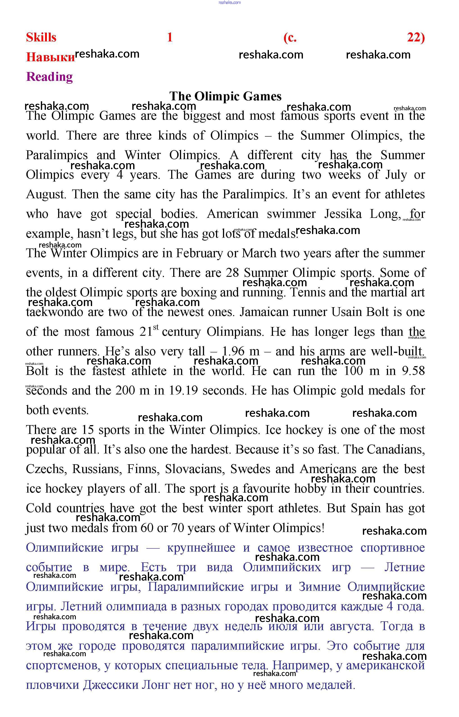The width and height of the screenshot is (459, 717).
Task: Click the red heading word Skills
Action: pyautogui.click(x=41, y=38)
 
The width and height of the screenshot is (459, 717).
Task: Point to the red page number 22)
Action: pyautogui.click(x=416, y=38)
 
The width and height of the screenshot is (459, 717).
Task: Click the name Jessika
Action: pyautogui.click(x=343, y=214)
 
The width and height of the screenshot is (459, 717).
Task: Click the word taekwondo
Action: pyautogui.click(x=55, y=312)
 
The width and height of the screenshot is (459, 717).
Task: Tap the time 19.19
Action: pyautogui.click(x=183, y=391)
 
